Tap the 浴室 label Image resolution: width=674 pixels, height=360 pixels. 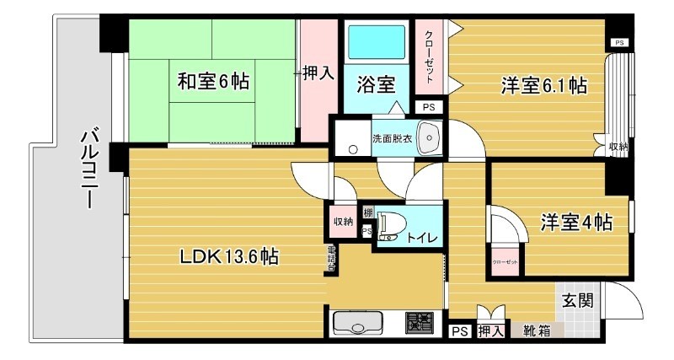[376, 84]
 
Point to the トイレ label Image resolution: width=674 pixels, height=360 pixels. [422, 239]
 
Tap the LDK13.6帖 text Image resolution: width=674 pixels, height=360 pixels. [228, 255]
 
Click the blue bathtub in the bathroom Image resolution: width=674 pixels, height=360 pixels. [375, 41]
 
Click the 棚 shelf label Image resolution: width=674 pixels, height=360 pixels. [368, 212]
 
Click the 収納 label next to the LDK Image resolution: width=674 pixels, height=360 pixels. [342, 221]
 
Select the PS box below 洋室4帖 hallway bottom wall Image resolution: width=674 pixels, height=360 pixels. [459, 331]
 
